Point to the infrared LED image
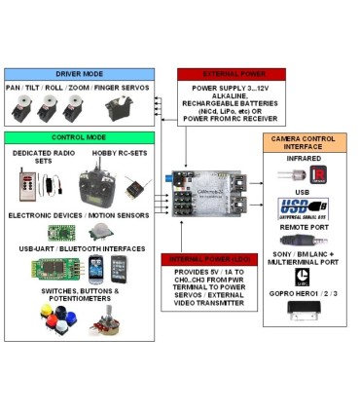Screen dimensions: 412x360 [288, 174]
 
